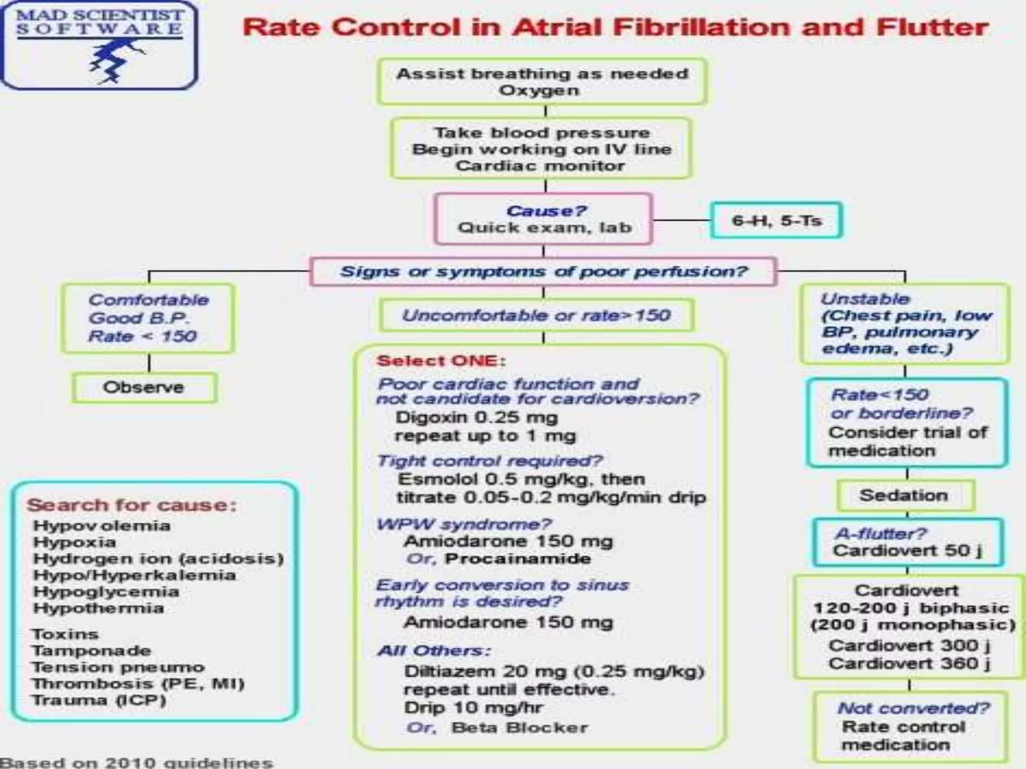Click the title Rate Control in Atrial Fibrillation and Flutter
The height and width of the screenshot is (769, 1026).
615,28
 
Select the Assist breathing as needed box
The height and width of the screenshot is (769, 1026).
542,82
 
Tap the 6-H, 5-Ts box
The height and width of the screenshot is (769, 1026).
777,220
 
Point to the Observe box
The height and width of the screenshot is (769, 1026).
144,388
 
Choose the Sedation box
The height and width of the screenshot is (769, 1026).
904,496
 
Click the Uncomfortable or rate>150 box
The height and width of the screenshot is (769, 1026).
536,315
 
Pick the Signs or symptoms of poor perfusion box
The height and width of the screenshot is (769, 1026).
544,272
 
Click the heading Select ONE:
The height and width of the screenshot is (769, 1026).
441,361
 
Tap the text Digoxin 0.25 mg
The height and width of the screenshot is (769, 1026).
476,418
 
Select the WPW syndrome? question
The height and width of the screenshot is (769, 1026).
464,524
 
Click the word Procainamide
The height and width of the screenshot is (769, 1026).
518,559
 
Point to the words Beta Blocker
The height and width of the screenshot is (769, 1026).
520,727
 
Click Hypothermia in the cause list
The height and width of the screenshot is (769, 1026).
98,608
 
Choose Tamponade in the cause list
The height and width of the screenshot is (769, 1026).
91,651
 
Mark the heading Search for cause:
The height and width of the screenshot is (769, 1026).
131,505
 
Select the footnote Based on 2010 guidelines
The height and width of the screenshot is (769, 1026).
136,762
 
